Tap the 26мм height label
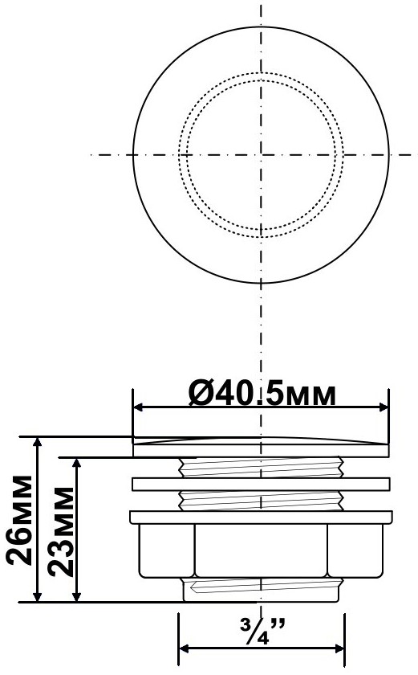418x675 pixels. pos(20,521)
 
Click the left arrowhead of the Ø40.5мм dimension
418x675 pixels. pos(139,407)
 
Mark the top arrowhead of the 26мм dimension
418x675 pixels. pos(38,444)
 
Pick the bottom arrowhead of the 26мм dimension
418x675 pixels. pos(38,595)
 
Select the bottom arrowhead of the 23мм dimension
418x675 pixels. pos(77,595)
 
